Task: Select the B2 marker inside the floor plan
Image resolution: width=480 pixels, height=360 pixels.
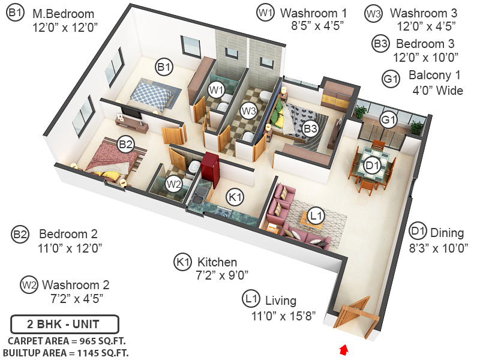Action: tap(125, 144)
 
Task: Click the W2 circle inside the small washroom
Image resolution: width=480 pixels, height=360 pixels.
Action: tap(173, 184)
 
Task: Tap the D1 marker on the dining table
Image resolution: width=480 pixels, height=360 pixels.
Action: tap(373, 165)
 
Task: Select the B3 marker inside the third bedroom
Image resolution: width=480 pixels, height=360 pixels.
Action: tap(310, 128)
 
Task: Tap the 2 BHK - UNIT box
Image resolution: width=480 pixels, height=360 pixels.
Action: tap(65, 325)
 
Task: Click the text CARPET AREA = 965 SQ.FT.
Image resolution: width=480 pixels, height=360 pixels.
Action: tap(66, 341)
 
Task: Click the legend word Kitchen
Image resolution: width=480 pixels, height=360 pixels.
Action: tap(217, 262)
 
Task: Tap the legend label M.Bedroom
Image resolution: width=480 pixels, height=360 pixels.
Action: tap(63, 14)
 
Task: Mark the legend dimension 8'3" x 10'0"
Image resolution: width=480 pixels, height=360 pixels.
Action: tap(438, 247)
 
